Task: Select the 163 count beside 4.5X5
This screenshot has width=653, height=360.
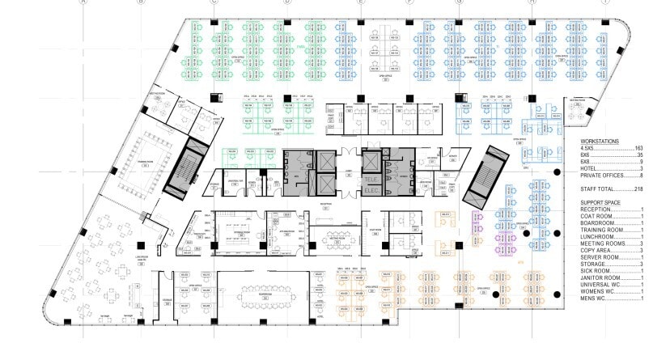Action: pos(638,149)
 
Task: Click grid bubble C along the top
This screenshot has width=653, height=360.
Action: pos(214,2)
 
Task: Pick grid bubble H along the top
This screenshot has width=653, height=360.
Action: pos(532,2)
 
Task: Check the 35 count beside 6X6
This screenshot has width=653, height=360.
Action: pos(638,155)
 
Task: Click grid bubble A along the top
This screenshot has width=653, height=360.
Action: pos(83,2)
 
